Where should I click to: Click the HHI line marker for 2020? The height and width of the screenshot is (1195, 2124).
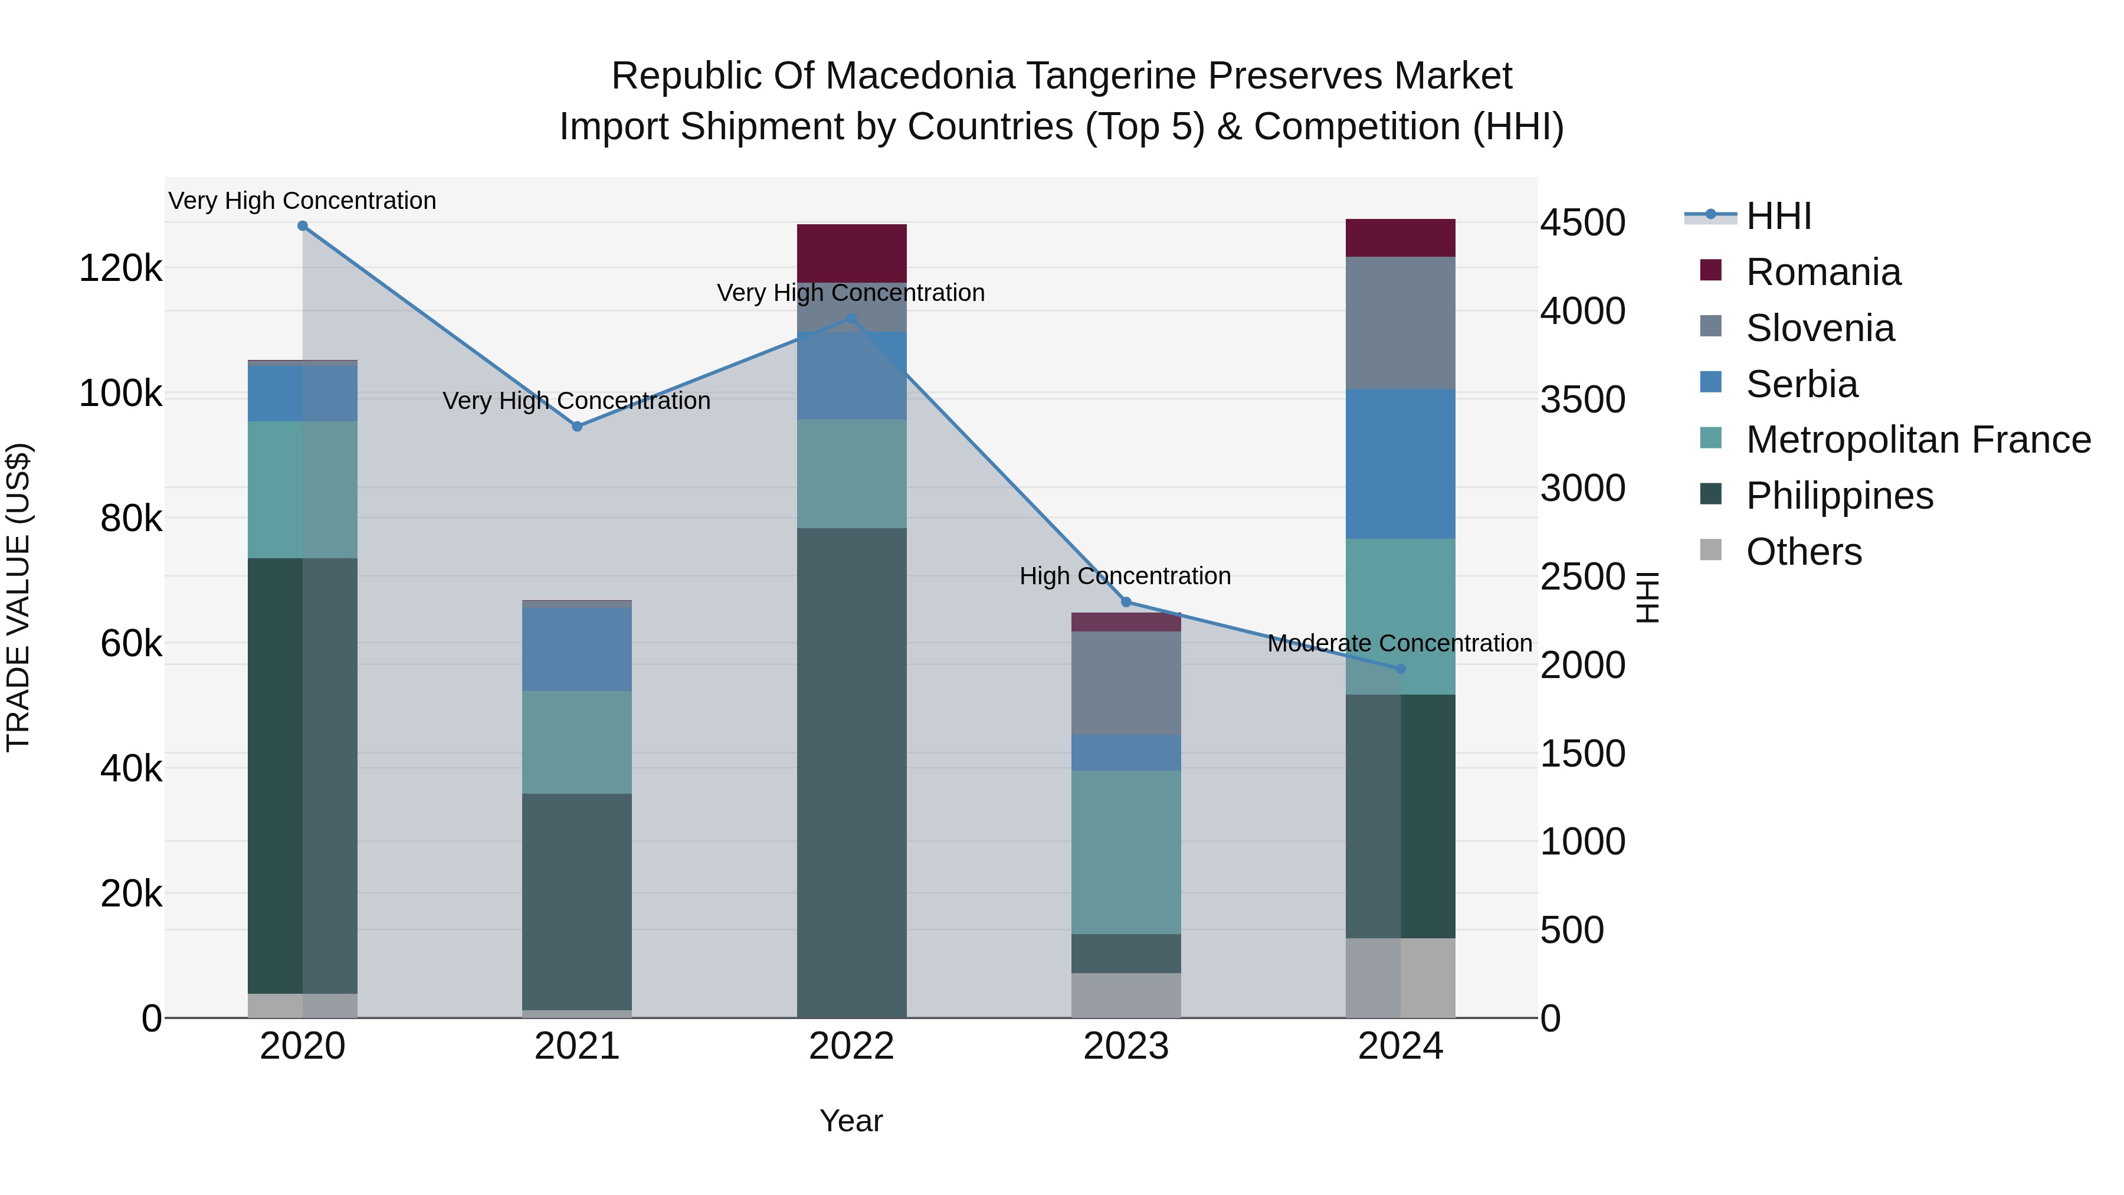(303, 226)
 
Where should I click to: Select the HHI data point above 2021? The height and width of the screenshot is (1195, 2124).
(577, 427)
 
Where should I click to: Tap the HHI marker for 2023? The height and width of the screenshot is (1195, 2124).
(1126, 602)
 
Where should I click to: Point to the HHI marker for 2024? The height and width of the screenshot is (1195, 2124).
(1400, 669)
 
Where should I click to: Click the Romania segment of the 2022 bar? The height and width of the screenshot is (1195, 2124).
(852, 253)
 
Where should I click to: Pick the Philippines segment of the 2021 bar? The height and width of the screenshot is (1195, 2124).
(577, 901)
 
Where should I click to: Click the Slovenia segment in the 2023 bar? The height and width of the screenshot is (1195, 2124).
(1126, 683)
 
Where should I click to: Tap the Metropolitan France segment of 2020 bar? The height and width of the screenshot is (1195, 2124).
(303, 490)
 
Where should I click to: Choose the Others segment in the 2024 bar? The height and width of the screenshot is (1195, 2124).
(1400, 977)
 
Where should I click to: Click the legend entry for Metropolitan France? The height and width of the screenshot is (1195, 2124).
(1918, 440)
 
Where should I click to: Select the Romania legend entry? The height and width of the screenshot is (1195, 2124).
(1823, 272)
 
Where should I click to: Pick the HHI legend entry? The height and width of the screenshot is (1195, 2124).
(1778, 216)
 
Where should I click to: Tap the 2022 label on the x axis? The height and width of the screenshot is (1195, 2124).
(852, 1046)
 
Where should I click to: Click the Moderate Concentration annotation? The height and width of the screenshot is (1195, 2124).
(1399, 643)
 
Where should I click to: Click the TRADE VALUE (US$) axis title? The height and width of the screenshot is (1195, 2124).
(18, 597)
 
